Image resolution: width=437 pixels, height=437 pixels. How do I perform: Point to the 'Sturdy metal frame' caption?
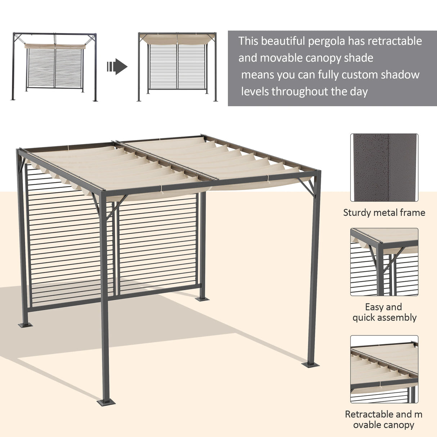(x=384, y=213)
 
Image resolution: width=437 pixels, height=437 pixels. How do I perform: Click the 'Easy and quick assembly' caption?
(x=384, y=312)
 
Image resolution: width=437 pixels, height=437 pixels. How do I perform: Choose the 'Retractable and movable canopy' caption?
(x=384, y=420)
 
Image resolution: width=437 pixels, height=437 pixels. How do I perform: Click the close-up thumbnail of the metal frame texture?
(x=384, y=167)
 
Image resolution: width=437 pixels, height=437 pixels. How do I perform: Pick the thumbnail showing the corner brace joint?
(x=384, y=262)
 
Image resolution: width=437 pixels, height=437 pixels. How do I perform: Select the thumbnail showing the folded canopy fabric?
(x=384, y=369)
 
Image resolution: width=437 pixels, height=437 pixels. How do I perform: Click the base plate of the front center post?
(x=106, y=401)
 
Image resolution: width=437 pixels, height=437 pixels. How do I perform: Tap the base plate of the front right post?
(x=310, y=364)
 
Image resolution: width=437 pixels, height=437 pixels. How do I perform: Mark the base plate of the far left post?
(x=25, y=325)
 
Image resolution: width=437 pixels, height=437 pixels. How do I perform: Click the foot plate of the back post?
(x=202, y=298)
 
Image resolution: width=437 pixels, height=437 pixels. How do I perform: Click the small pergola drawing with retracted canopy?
(x=55, y=67)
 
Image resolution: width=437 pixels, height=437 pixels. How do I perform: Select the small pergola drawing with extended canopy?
(x=178, y=67)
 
